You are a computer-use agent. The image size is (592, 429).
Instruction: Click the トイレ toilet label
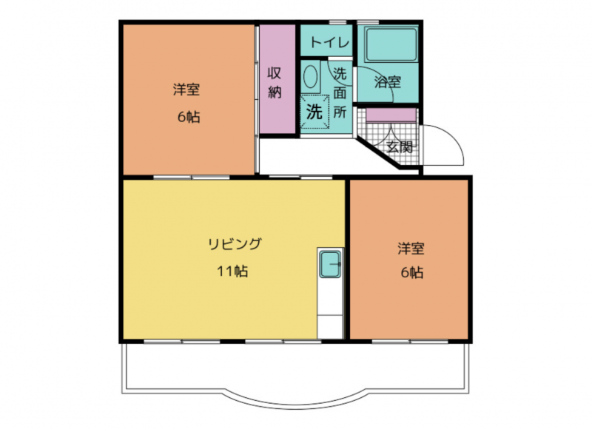[x=329, y=42]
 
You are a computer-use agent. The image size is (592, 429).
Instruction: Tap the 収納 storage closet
[x=277, y=79]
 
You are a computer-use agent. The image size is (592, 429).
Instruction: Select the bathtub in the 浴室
[x=391, y=44]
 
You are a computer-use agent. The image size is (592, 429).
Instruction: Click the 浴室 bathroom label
[x=388, y=82]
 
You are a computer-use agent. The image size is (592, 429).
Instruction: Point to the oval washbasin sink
[x=310, y=77]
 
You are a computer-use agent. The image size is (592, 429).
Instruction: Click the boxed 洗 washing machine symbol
[x=314, y=112]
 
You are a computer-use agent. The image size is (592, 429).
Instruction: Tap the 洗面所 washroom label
[x=340, y=92]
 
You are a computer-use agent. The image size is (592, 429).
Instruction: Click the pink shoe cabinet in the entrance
[x=391, y=115]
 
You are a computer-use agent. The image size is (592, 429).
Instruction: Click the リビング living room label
[x=235, y=244]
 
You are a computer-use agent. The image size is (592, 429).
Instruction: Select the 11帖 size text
[x=232, y=271]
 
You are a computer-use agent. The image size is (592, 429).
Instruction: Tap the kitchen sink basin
[x=330, y=264]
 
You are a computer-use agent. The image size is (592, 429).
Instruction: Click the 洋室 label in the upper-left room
[x=186, y=89]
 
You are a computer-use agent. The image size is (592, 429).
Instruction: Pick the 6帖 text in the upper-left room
[x=189, y=118]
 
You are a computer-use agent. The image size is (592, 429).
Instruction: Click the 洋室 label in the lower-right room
[x=411, y=249]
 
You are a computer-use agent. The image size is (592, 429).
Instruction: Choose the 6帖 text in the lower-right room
[x=412, y=272]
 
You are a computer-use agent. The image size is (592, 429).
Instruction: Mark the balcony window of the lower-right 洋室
[x=410, y=342]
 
